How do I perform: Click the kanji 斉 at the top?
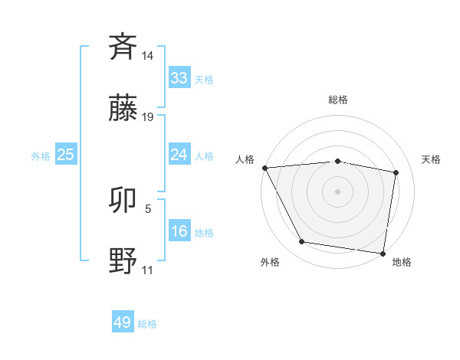pos(123,47)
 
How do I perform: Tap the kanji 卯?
pos(123,201)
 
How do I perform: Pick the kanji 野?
pos(123,262)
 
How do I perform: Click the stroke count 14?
pos(148,56)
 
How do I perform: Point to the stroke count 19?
pos(148,117)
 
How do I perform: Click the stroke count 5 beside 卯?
pos(148,208)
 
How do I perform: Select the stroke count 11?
pos(148,270)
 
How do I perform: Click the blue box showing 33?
pos(179,78)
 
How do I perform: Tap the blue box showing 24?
pos(179,155)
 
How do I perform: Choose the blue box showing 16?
pos(179,231)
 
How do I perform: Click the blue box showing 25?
pos(66,155)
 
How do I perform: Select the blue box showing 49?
pos(123,322)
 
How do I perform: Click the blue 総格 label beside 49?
pos(147,324)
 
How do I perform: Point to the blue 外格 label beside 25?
pos(41,156)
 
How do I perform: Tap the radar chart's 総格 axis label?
pos(338,100)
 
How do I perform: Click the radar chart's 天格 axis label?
pos(432,159)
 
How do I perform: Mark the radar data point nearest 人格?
pos(264,168)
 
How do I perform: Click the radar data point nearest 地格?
pos(383,253)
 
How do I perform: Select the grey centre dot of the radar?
pos(338,191)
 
